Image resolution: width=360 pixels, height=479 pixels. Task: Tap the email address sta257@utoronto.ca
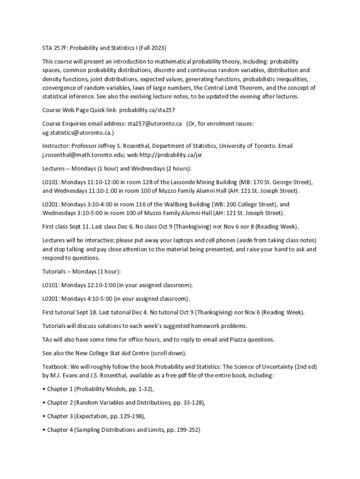tap(154, 123)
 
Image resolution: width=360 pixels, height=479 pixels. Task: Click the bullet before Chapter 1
tap(44, 389)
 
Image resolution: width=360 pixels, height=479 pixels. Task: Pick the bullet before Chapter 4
tap(44, 430)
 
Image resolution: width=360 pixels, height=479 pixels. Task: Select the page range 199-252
tap(187, 430)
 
